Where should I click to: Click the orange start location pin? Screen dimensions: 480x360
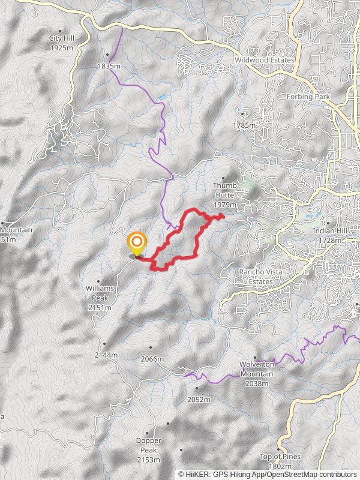pyautogui.click(x=137, y=243)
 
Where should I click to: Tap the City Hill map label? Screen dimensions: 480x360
pyautogui.click(x=61, y=42)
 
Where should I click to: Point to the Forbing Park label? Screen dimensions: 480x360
pyautogui.click(x=308, y=97)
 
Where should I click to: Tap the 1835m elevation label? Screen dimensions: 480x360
pyautogui.click(x=109, y=66)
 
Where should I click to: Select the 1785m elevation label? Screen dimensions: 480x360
pyautogui.click(x=244, y=126)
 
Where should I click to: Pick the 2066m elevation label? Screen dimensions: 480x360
pyautogui.click(x=151, y=359)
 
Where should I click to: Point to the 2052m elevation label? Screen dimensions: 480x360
pyautogui.click(x=199, y=399)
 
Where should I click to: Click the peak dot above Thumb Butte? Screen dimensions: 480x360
pyautogui.click(x=224, y=178)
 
